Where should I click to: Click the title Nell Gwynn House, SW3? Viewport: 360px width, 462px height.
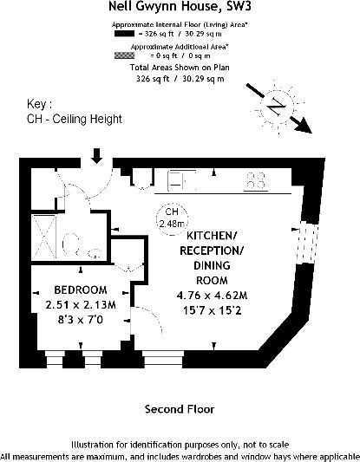180,6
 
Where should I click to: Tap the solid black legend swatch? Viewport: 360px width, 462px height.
124,34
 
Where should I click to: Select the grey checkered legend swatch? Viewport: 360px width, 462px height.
124,55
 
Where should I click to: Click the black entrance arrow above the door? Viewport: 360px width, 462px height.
96,156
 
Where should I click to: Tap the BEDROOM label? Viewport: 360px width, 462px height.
81,290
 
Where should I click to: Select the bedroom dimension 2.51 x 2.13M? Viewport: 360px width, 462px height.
81,304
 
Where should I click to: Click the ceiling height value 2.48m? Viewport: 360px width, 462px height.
172,224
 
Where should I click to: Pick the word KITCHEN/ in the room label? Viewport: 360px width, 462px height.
212,236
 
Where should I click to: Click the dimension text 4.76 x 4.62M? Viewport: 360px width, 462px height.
212,296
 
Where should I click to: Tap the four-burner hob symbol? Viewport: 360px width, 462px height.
256,180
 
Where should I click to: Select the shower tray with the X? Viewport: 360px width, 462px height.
44,237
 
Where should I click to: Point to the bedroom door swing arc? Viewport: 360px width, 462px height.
154,314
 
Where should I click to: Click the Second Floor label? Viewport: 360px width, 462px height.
180,409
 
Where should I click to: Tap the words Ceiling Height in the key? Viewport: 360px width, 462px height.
88,119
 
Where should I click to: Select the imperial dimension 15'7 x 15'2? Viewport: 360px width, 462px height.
212,310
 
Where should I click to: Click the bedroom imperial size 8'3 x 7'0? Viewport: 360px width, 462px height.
81,320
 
